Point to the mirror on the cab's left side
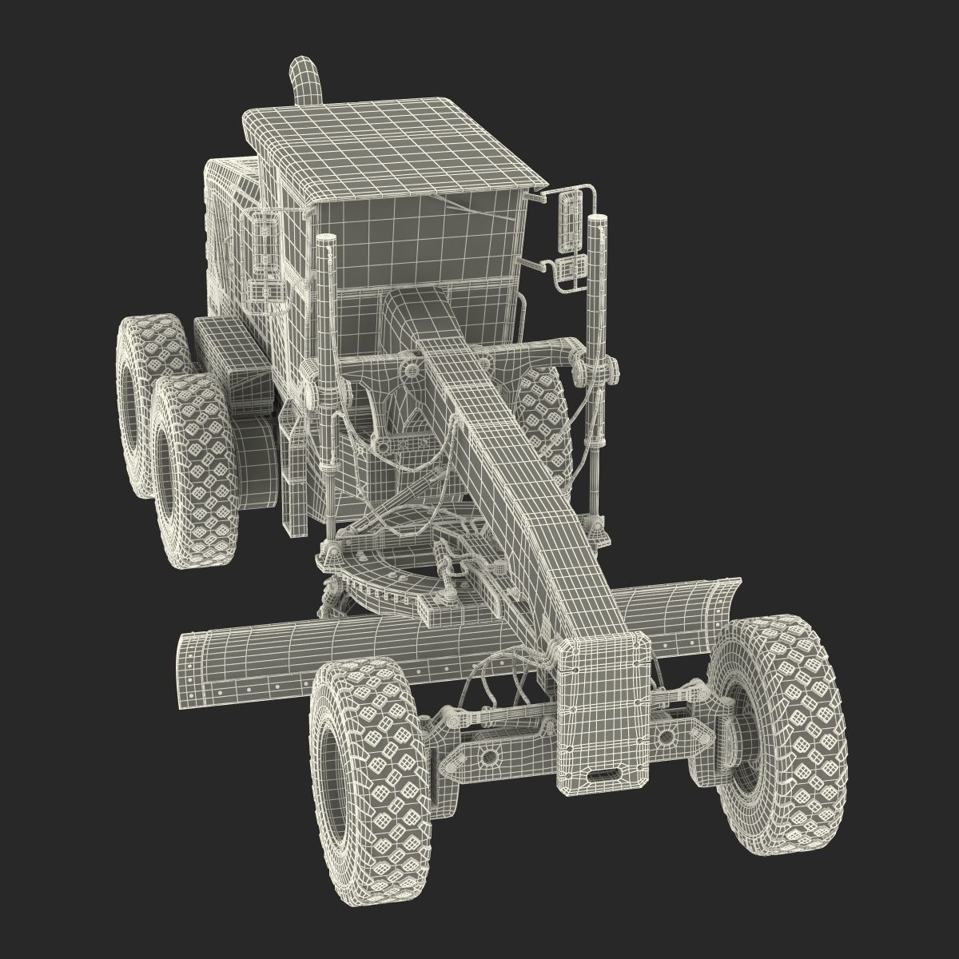click(262, 240)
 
